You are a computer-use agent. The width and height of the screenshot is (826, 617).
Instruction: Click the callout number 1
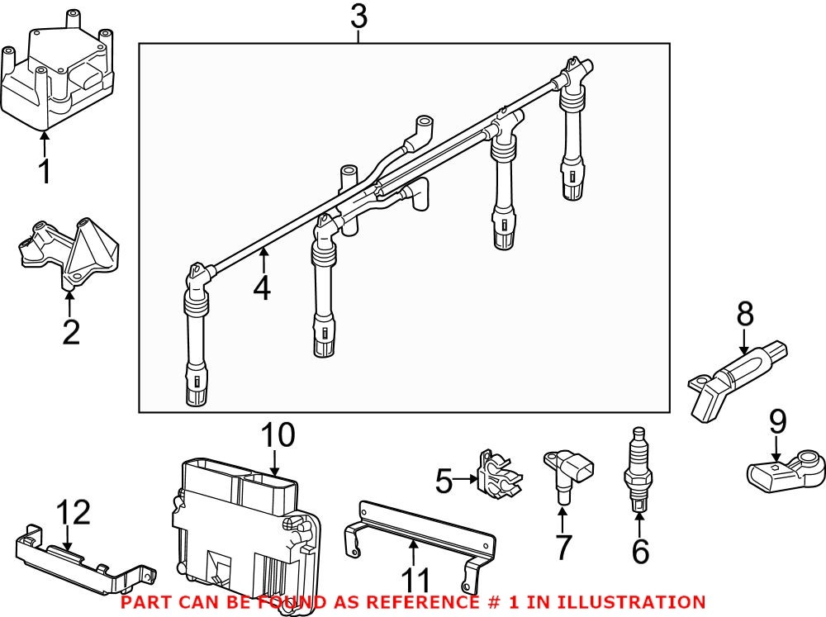pyautogui.click(x=45, y=172)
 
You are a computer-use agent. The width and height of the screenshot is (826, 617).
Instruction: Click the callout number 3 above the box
pyautogui.click(x=358, y=17)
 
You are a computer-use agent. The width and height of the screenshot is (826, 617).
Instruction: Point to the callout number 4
pyautogui.click(x=262, y=288)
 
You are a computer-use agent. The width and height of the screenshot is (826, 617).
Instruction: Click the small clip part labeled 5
pyautogui.click(x=496, y=478)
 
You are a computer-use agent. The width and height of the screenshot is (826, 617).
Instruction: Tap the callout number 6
pyautogui.click(x=640, y=551)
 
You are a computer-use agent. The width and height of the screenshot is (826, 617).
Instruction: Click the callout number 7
pyautogui.click(x=563, y=547)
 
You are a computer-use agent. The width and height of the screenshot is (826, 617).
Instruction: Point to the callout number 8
pyautogui.click(x=745, y=313)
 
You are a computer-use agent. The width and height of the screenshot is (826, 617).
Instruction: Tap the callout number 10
pyautogui.click(x=278, y=435)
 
